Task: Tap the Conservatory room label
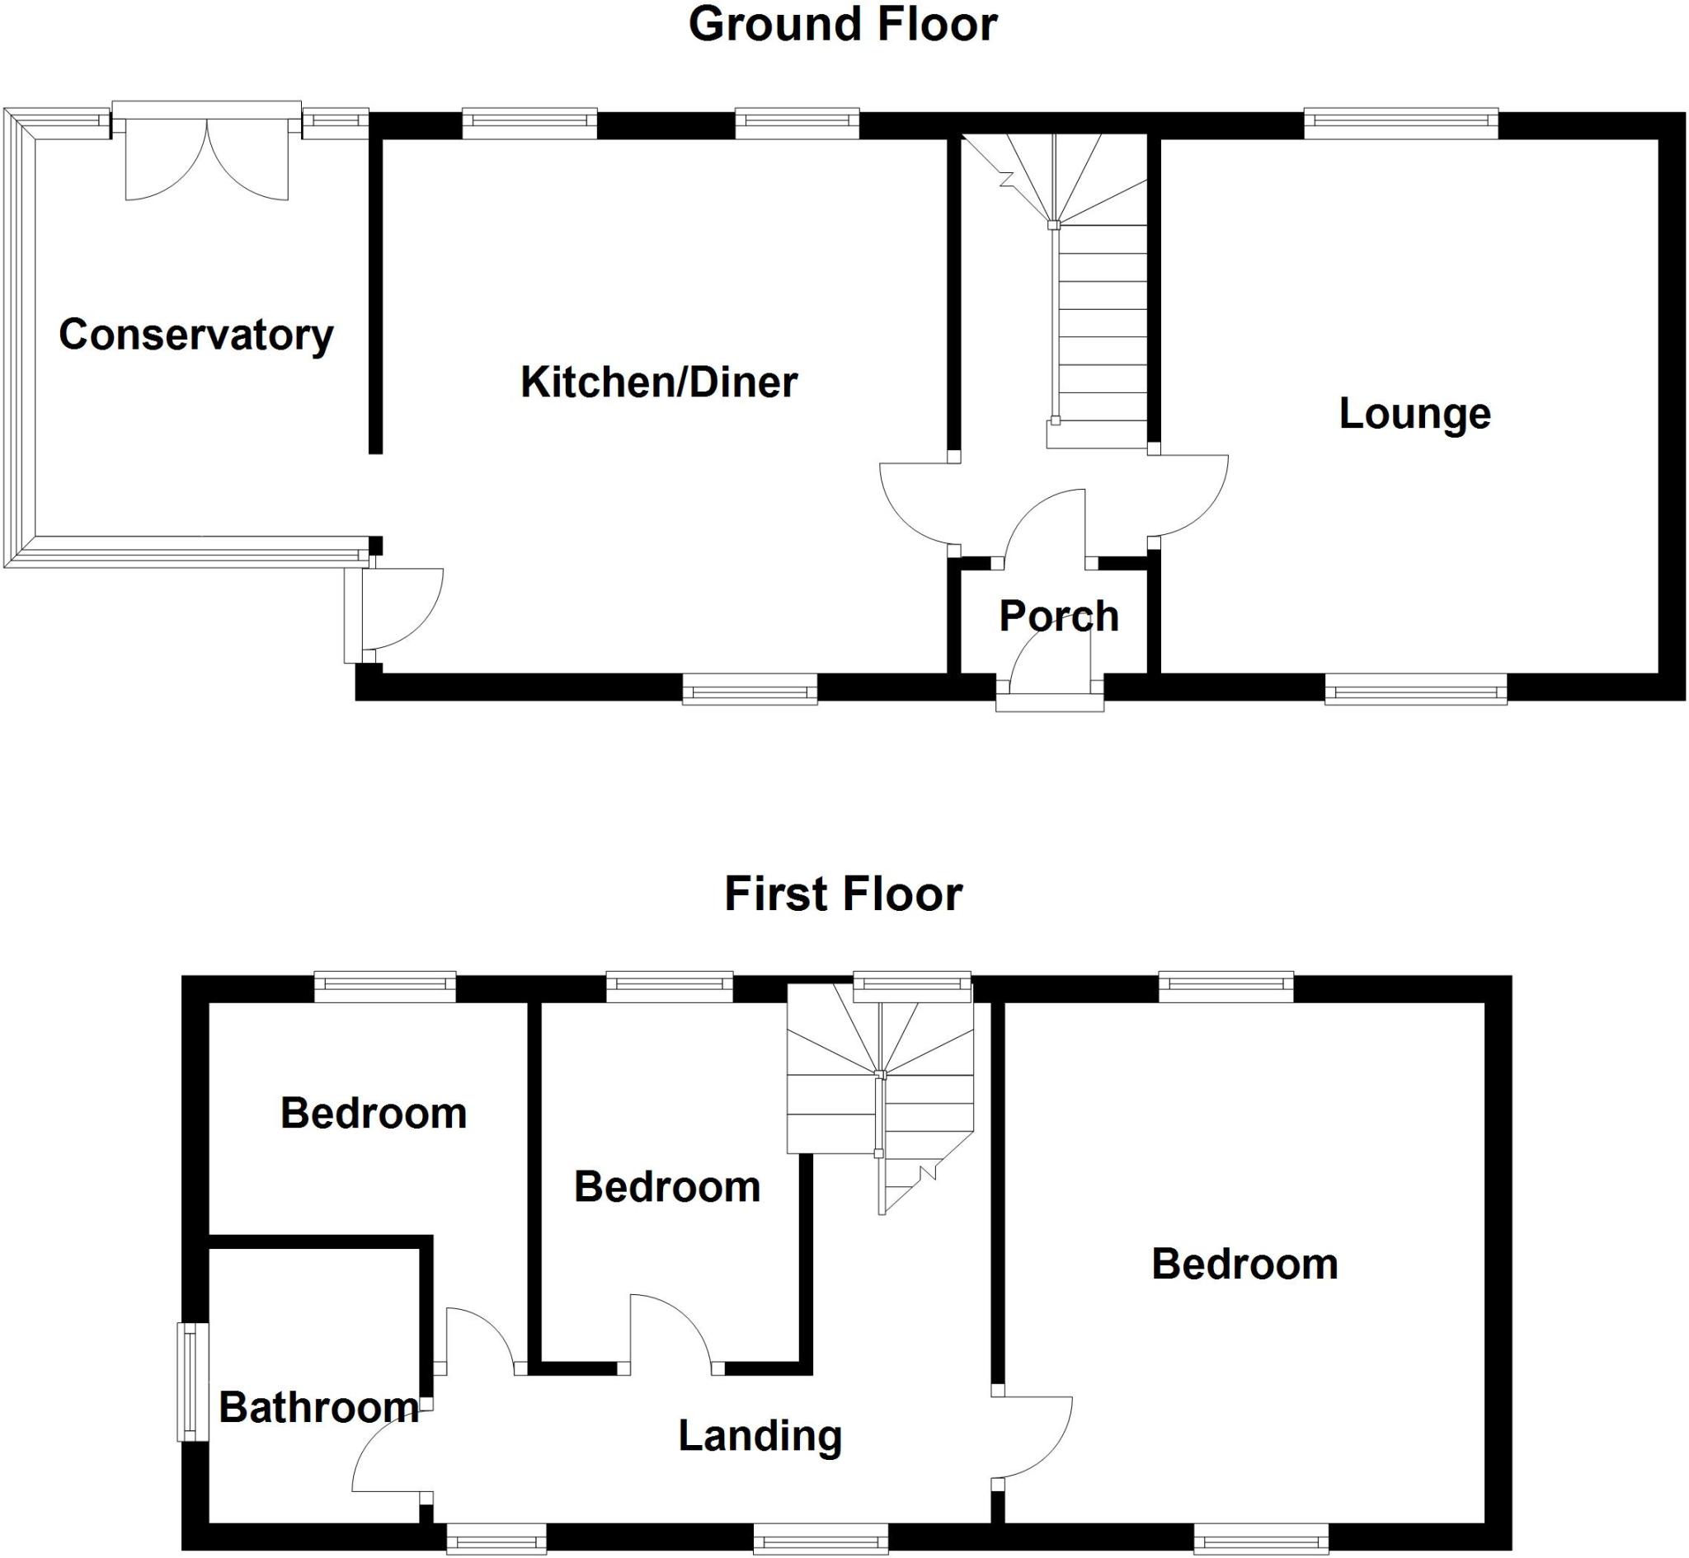click(195, 335)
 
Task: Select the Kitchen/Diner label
click(659, 382)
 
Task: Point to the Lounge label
click(1414, 413)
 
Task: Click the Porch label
click(1058, 616)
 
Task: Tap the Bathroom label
click(318, 1407)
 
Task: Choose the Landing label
click(760, 1436)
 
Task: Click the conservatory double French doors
click(207, 160)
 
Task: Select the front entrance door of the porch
click(1050, 670)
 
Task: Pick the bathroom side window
click(192, 1382)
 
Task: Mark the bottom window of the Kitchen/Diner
click(749, 692)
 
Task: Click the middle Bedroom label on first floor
click(667, 1187)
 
